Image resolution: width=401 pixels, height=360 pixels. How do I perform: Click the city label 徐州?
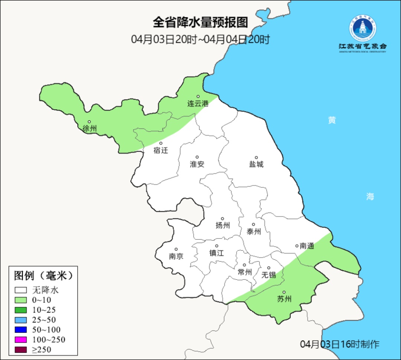click(x=90, y=129)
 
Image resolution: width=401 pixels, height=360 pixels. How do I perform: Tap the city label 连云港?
click(x=198, y=104)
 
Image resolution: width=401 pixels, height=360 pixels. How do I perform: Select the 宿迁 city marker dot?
click(x=161, y=143)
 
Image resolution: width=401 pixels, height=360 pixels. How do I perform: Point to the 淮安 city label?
click(x=197, y=164)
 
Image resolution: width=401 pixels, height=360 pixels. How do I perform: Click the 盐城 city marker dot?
click(x=256, y=158)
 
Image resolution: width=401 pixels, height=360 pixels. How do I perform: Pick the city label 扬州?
click(x=223, y=225)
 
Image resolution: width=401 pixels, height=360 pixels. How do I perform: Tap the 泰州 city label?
click(x=254, y=231)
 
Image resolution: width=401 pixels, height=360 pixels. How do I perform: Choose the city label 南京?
click(x=176, y=256)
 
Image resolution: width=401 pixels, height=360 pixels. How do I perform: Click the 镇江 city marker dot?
click(x=217, y=246)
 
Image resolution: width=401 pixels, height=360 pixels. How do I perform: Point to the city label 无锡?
click(x=268, y=275)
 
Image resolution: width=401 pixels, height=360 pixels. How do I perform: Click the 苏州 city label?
click(x=284, y=299)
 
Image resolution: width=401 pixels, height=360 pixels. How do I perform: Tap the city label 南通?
click(x=307, y=246)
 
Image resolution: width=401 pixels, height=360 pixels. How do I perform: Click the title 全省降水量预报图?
click(x=200, y=22)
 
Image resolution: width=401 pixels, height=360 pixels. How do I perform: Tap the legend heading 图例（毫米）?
click(x=43, y=276)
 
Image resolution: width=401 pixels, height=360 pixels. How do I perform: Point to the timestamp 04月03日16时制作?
click(x=340, y=344)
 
